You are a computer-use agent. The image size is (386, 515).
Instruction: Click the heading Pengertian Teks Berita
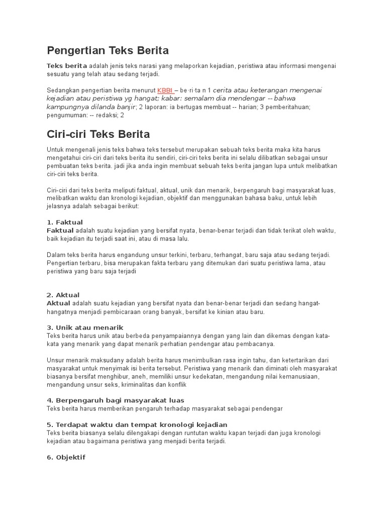[x=108, y=50]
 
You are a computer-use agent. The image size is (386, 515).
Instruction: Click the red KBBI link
[x=165, y=90]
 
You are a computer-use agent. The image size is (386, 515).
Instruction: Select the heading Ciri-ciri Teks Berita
[x=98, y=134]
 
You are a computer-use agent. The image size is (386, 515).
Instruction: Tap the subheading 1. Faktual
[x=65, y=222]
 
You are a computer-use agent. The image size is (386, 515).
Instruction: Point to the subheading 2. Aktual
[x=63, y=295]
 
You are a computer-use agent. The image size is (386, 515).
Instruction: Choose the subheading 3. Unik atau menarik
[x=85, y=327]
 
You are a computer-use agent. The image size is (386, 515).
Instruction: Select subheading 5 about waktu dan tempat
[x=137, y=424]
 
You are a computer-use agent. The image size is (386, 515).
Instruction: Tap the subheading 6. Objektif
[x=66, y=457]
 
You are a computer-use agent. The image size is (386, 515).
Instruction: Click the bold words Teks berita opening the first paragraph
[x=67, y=66]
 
